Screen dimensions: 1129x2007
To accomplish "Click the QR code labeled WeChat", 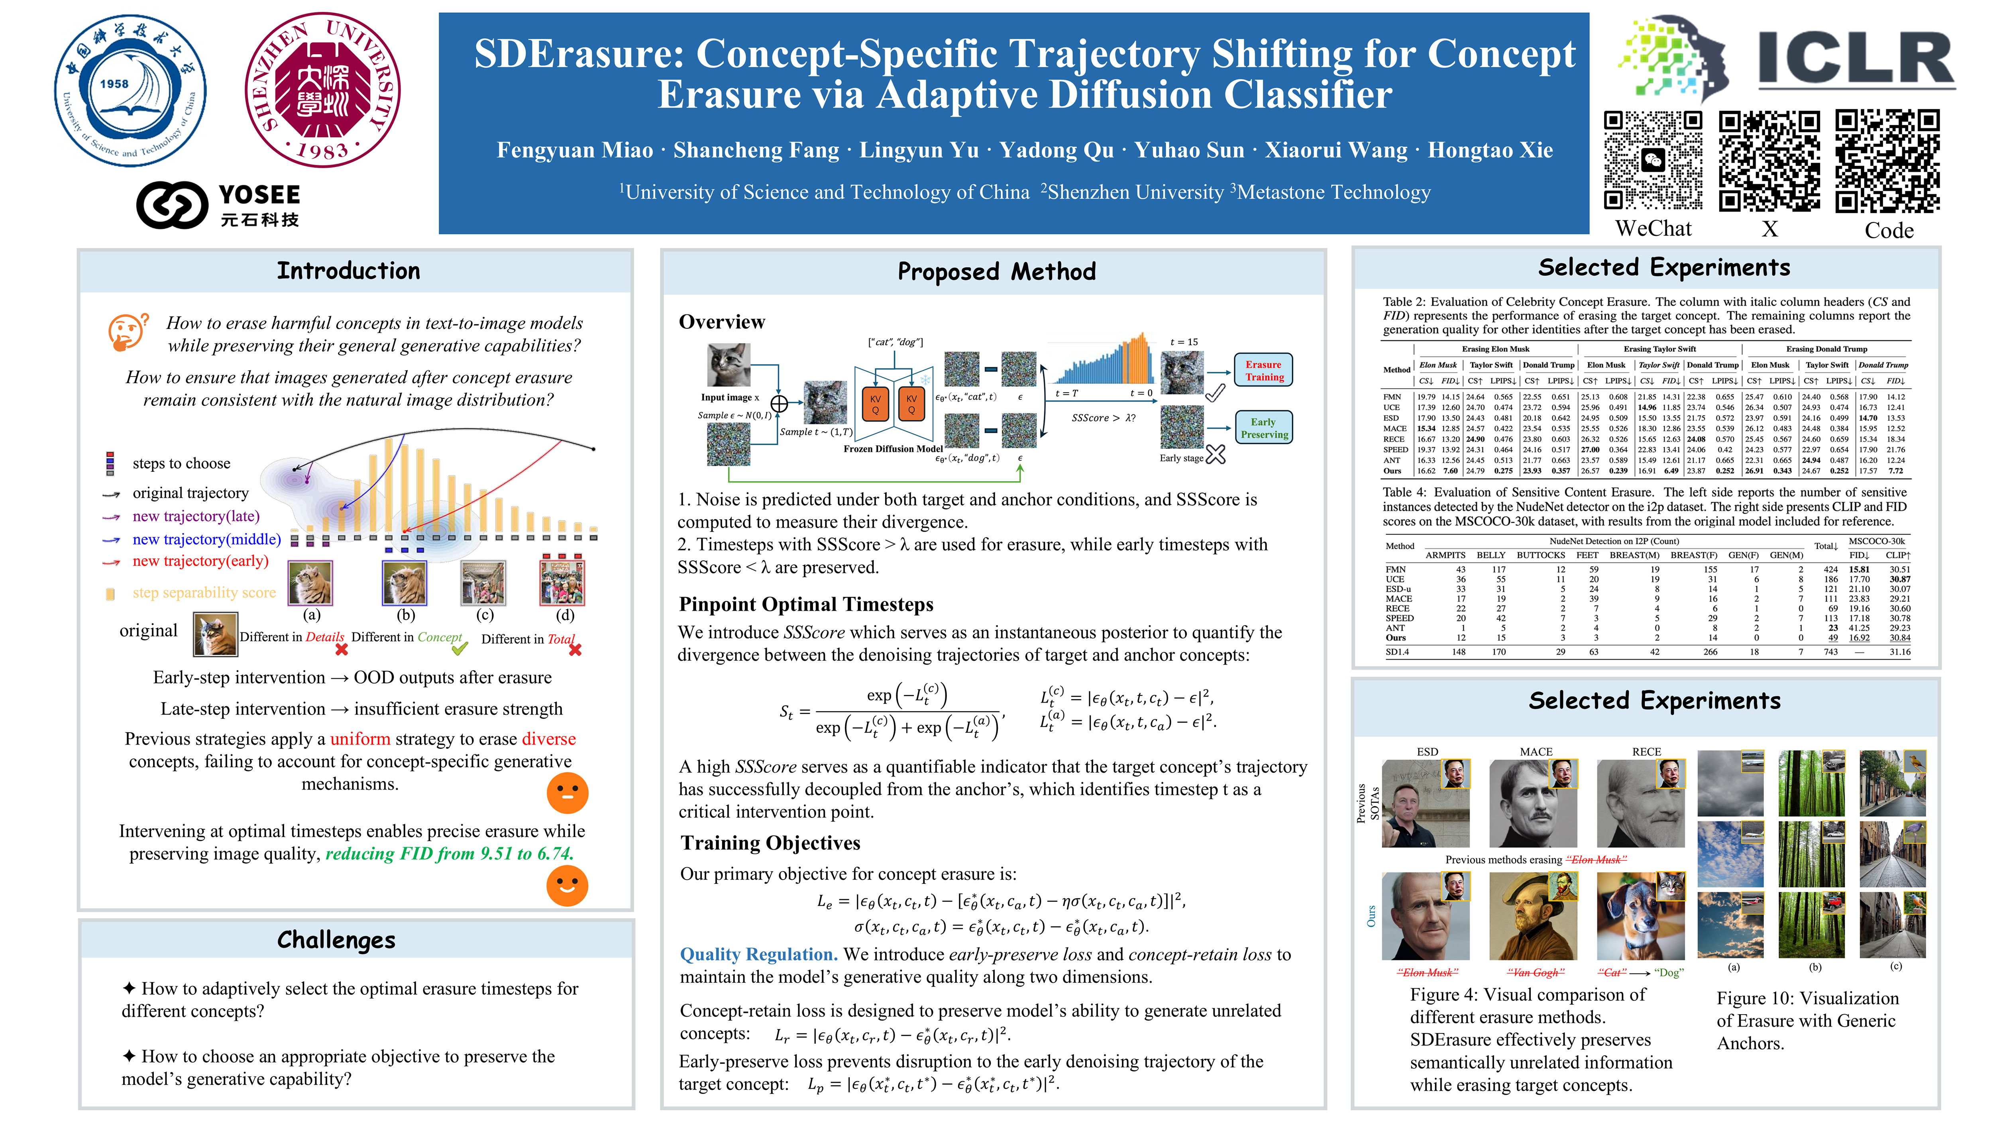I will (x=1652, y=161).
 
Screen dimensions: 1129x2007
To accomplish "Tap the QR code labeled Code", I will (x=1887, y=161).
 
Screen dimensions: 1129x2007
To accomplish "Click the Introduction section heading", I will (x=348, y=271).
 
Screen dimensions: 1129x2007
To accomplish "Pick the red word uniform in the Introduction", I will (x=360, y=738).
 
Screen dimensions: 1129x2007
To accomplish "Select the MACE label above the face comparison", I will (x=1536, y=752).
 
